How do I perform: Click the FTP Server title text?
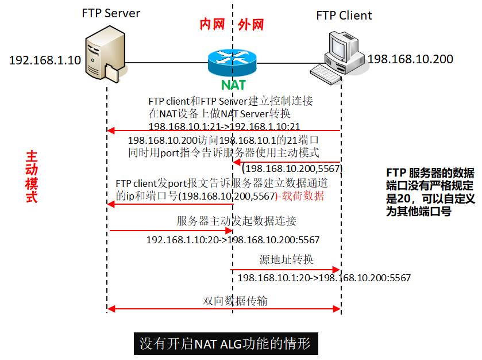coord(111,13)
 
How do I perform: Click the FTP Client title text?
coord(344,15)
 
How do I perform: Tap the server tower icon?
coord(103,58)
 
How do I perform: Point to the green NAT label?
coord(233,85)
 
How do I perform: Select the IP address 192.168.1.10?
coord(45,60)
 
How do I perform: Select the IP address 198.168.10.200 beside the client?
coord(410,59)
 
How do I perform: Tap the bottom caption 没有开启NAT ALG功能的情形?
coord(225,344)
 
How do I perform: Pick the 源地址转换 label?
coord(286,260)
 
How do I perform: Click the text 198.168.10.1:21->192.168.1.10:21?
coord(223,125)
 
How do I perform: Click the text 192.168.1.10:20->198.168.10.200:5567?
coord(233,240)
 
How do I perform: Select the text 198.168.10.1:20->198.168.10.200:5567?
coord(324,278)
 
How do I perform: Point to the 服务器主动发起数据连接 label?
coord(236,221)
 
